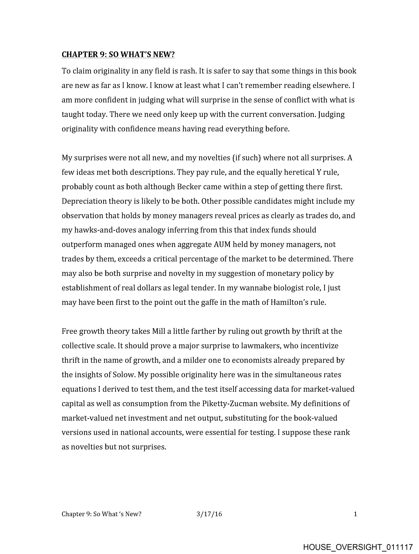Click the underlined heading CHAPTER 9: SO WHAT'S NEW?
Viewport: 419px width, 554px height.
tap(118, 54)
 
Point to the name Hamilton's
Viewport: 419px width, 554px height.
tap(289, 303)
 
